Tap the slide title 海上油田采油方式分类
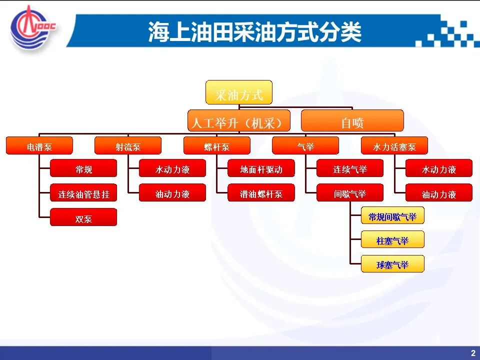pos(254,32)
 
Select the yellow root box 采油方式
pos(239,92)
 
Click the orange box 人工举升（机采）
pos(239,120)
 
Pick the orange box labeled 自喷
pos(352,120)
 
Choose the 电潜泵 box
pos(39,145)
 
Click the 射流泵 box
pos(128,145)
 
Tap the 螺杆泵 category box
pos(216,145)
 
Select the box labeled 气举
pos(305,145)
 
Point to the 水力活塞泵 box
pos(394,145)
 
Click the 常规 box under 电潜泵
pos(83,168)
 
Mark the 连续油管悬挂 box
pos(83,192)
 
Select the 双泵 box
pos(83,217)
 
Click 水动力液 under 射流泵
pos(172,168)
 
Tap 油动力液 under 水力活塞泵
pos(439,192)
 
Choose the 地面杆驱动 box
pos(261,168)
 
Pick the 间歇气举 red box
pos(350,192)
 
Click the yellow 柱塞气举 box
pos(393,239)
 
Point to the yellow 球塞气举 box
pos(393,264)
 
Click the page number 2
pos(473,353)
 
